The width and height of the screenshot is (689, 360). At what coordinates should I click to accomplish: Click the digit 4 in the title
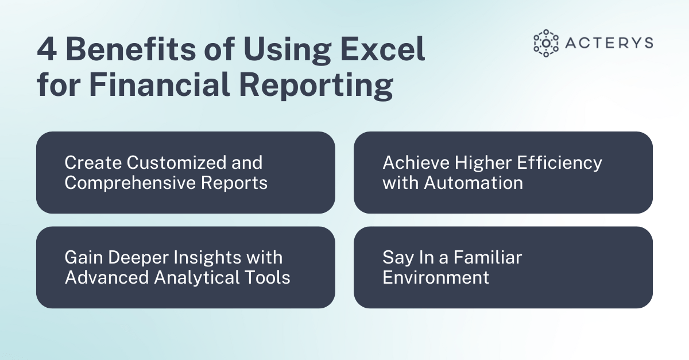click(47, 51)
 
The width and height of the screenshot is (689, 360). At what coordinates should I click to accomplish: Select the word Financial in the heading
click(160, 86)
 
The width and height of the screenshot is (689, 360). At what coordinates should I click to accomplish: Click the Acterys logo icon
click(545, 43)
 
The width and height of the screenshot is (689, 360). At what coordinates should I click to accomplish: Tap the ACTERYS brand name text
click(610, 43)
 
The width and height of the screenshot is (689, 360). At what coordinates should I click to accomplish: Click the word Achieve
click(416, 162)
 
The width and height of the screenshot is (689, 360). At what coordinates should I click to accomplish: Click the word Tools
click(270, 277)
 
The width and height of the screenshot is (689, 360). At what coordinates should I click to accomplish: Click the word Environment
click(436, 277)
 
